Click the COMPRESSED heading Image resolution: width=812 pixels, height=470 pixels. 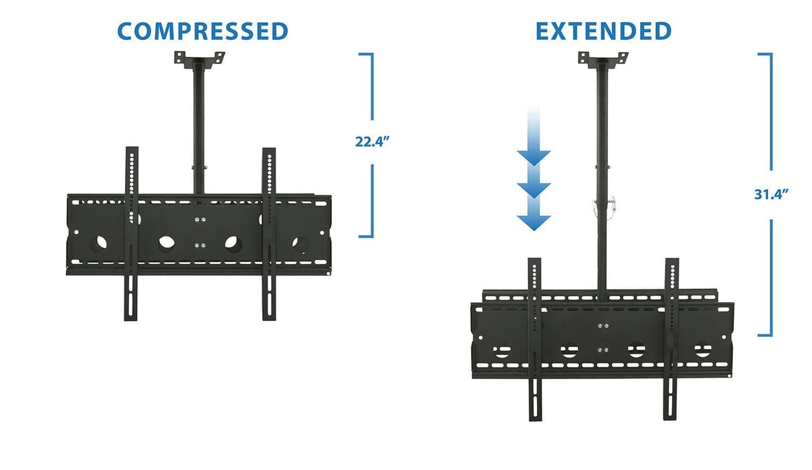(203, 31)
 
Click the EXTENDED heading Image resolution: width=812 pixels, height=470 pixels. (603, 31)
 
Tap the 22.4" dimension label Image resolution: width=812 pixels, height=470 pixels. (372, 142)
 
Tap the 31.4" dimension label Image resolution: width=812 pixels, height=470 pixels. (771, 194)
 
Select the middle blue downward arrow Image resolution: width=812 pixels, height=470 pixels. (533, 189)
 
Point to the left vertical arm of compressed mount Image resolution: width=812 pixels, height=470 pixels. (131, 234)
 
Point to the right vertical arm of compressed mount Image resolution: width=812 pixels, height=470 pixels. (269, 234)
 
